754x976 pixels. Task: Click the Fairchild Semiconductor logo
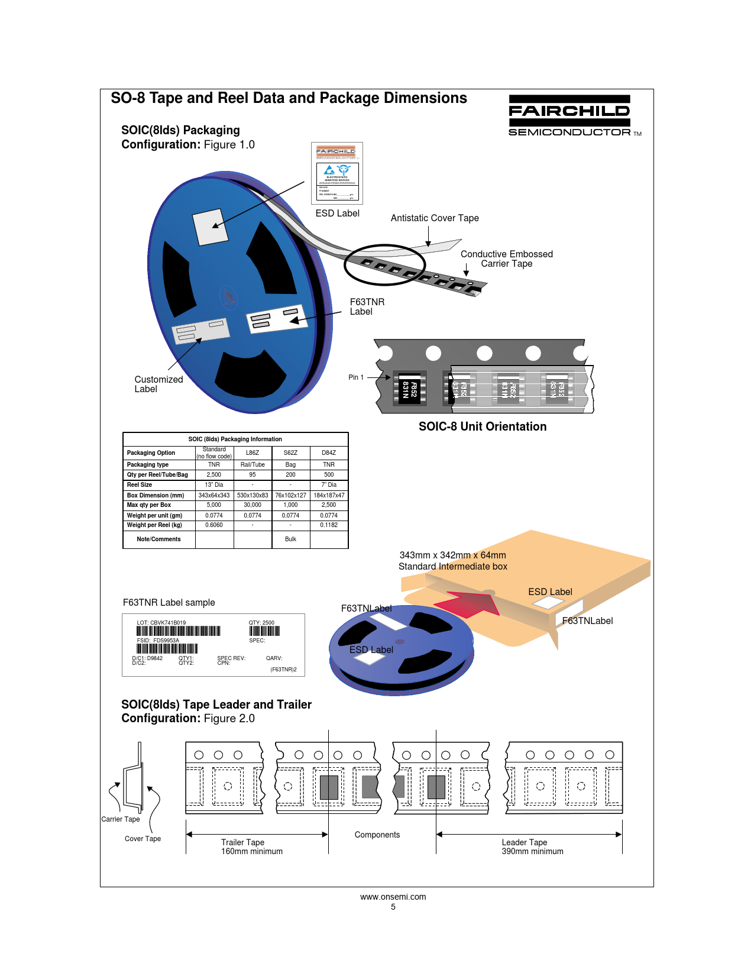click(570, 116)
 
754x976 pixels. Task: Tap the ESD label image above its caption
click(336, 173)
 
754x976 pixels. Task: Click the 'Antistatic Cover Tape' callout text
click(435, 218)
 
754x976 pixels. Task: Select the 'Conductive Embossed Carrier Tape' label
click(507, 259)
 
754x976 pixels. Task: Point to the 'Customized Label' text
click(158, 384)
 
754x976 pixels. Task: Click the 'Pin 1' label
click(356, 377)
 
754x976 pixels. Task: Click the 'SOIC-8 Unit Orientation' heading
click(483, 426)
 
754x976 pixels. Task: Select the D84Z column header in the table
click(329, 453)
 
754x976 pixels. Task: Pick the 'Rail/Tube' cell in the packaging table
click(253, 465)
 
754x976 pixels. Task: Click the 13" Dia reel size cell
click(214, 485)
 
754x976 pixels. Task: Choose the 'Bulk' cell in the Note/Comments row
click(290, 539)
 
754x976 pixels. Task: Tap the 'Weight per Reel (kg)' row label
click(154, 525)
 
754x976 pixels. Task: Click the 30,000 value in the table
click(253, 505)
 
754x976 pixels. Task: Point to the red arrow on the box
click(468, 603)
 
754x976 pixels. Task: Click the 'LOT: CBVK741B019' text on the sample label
click(161, 623)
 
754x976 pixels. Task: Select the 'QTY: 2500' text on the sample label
click(261, 623)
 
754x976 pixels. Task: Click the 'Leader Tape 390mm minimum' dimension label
click(532, 847)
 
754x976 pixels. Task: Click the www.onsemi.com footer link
click(393, 897)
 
